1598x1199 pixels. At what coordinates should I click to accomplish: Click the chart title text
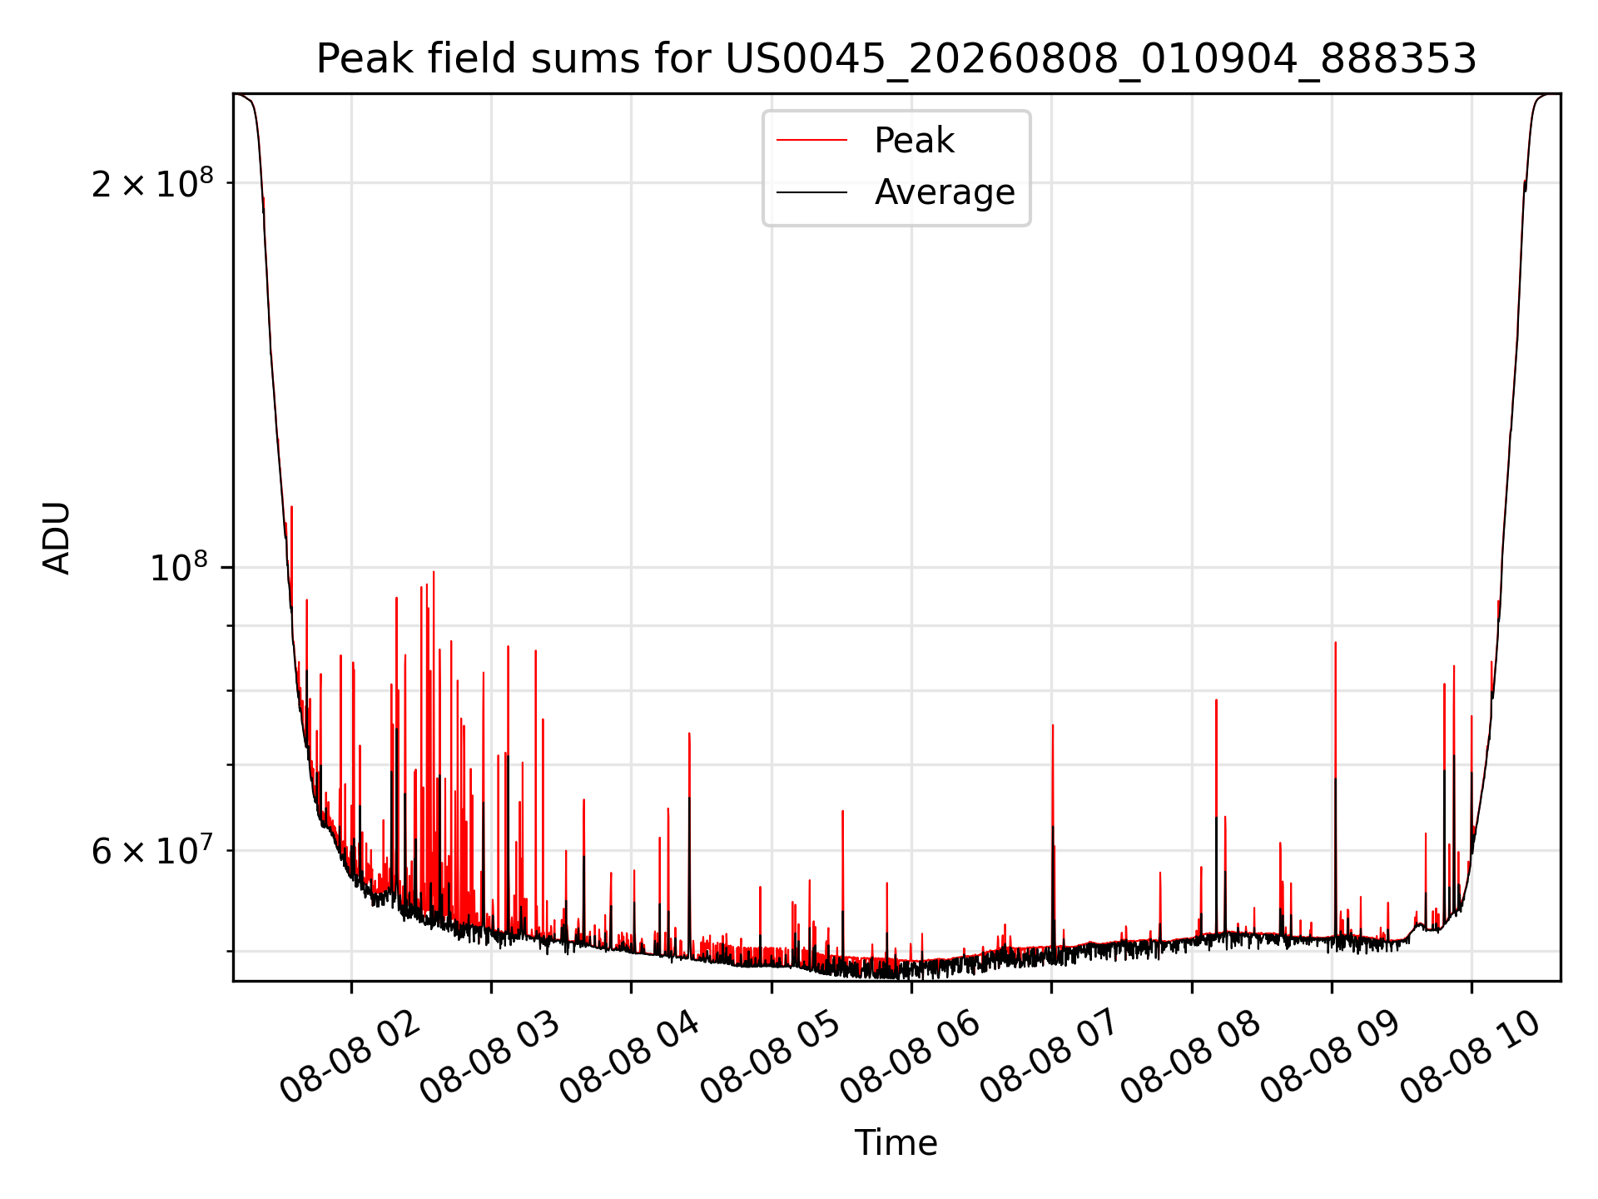coord(896,59)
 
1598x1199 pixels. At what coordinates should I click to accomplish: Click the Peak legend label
coord(914,141)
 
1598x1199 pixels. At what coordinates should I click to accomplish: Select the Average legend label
coord(945,192)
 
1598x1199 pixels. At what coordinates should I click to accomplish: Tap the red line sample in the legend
coord(812,141)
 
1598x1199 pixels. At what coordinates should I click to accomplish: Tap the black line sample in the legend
coord(812,192)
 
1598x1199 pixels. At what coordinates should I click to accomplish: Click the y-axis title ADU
coord(57,538)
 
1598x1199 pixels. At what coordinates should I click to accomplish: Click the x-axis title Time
coord(896,1143)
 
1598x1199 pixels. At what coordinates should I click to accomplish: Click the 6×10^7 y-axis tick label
coord(152,850)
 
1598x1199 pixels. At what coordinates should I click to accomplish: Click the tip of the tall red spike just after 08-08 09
coord(1335,643)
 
